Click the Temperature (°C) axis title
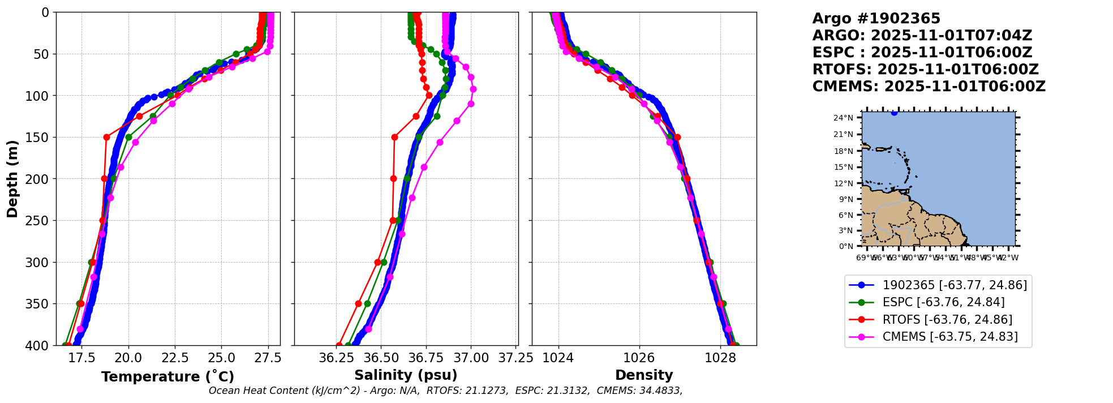pos(167,376)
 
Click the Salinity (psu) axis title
pos(406,375)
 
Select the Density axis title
pos(644,375)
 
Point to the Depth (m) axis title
pos(12,179)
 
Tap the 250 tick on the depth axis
pos(40,221)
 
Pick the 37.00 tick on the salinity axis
pos(471,358)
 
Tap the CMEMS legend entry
pos(950,337)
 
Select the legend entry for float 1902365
pos(955,285)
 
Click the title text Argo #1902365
pos(876,19)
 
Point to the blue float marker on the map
pos(894,113)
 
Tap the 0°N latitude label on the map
pos(845,246)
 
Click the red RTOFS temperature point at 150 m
pos(106,137)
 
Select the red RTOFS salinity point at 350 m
pos(358,304)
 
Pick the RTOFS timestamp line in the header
pos(925,70)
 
